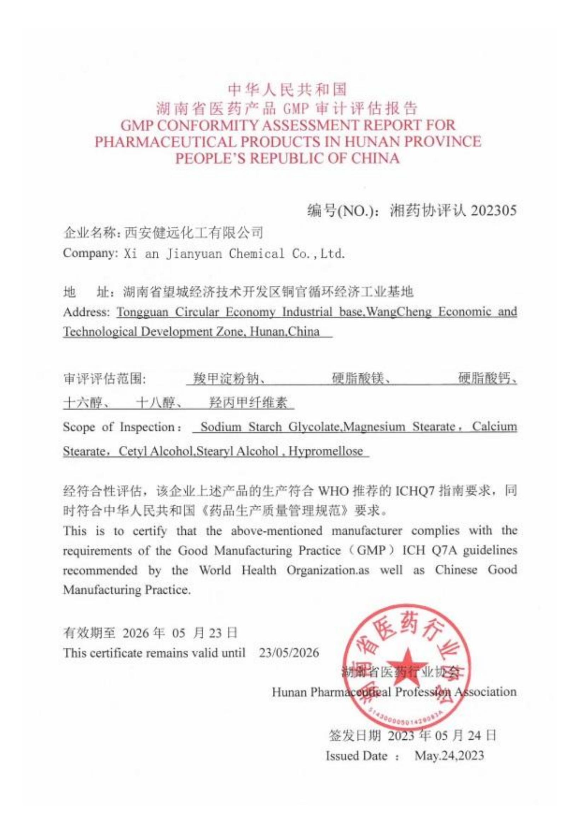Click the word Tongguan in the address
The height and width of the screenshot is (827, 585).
coord(143,312)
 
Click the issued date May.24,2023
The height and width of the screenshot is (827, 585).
coord(449,756)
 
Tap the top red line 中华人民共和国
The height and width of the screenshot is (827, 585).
coord(288,90)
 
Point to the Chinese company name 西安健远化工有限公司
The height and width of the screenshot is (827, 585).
coord(193,233)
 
